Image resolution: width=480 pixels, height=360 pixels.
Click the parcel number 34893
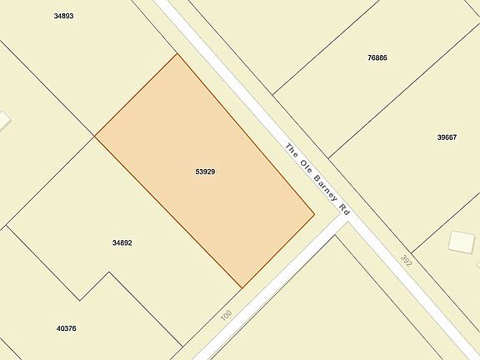tap(63, 16)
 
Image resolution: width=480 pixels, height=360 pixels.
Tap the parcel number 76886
tap(377, 57)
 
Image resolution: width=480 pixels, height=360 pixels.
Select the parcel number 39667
tap(447, 137)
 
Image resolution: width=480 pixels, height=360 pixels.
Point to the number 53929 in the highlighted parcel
tap(206, 172)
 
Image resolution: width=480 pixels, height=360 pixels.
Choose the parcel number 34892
tap(122, 242)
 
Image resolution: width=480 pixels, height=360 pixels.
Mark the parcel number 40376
tap(66, 328)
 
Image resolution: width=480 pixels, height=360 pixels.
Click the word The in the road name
tap(292, 151)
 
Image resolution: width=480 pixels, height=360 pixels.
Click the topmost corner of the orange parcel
tap(177, 54)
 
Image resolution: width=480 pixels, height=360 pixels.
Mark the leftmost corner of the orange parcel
tap(95, 136)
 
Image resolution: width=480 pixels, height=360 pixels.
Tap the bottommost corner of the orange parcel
tap(242, 288)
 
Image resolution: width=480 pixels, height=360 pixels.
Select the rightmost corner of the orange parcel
tap(314, 214)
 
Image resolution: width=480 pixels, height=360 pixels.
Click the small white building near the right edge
tap(461, 241)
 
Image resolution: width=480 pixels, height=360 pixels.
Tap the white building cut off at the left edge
tap(3, 121)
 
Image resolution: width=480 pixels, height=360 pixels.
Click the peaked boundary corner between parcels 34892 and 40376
tap(107, 272)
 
